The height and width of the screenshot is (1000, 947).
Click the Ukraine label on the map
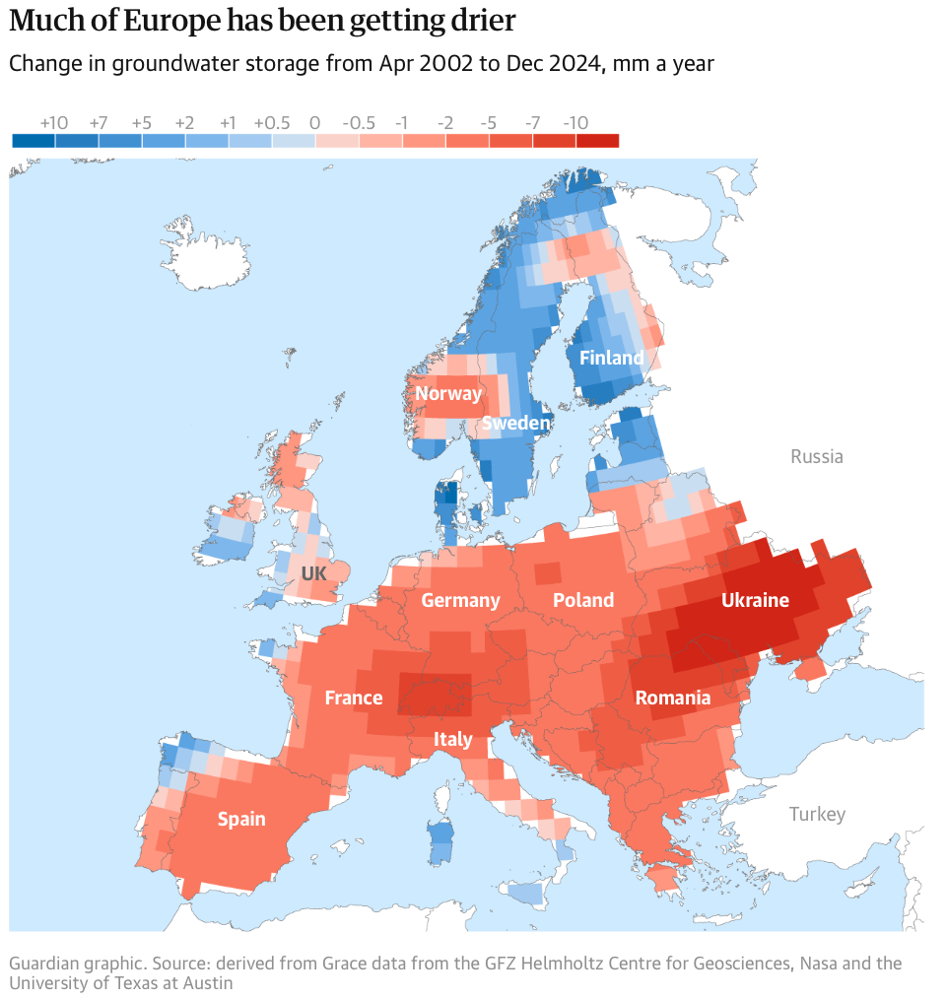click(x=755, y=600)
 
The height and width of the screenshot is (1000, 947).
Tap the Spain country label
click(x=241, y=819)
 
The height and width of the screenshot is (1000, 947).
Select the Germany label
click(x=460, y=601)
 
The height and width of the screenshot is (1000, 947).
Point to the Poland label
click(x=583, y=601)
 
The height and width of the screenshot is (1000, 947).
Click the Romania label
click(x=672, y=699)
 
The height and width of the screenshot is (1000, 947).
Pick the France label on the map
click(x=353, y=699)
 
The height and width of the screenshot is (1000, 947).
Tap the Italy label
click(x=453, y=739)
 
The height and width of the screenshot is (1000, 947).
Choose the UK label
click(x=313, y=573)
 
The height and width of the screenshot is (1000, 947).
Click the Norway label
click(x=448, y=394)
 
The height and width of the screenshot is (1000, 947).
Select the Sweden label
click(x=515, y=424)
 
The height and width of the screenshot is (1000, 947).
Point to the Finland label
click(x=611, y=358)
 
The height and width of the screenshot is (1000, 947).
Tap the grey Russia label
click(x=817, y=457)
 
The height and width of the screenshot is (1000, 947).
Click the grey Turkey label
click(x=817, y=815)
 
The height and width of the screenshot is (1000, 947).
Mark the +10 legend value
click(x=54, y=123)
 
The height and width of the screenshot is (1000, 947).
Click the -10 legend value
click(x=575, y=123)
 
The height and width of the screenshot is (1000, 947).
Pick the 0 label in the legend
click(x=314, y=123)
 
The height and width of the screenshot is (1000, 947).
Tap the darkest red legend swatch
click(x=597, y=141)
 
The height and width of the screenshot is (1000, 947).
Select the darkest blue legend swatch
click(x=34, y=141)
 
